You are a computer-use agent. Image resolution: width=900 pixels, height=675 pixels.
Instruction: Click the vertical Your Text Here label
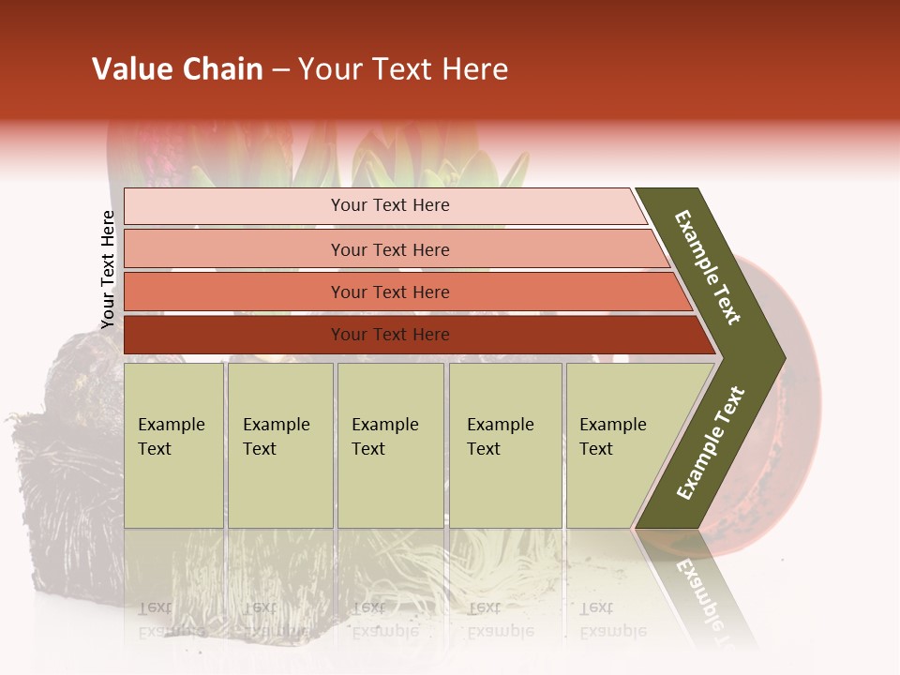click(x=108, y=270)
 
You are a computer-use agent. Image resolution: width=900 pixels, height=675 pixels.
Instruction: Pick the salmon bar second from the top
click(x=389, y=249)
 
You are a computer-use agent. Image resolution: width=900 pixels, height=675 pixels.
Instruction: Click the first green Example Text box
click(x=173, y=445)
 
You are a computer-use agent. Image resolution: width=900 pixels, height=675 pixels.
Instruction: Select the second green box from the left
click(x=279, y=445)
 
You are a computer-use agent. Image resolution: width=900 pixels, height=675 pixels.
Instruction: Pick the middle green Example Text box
click(x=390, y=445)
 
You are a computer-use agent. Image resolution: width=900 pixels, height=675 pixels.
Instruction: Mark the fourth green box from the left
click(x=504, y=445)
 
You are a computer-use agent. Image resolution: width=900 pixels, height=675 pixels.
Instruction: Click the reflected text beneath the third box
click(x=384, y=619)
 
